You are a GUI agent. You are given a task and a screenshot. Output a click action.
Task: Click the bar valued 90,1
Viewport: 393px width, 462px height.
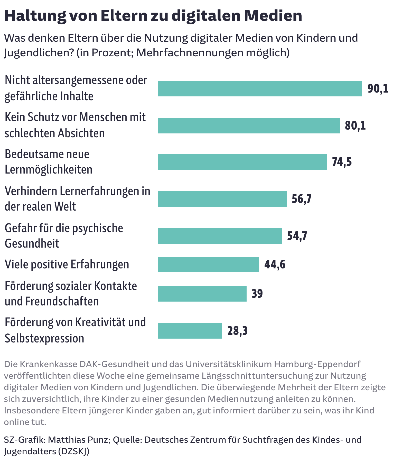pos(260,89)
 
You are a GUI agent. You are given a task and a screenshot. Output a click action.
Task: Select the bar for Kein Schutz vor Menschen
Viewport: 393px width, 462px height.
pos(249,126)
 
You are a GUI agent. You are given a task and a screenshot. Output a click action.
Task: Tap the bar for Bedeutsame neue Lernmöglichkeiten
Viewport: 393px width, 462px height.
pos(242,162)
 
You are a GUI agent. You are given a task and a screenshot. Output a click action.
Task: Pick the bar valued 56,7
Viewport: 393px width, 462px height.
pos(222,199)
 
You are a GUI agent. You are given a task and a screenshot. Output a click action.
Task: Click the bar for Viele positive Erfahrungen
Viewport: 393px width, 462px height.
pos(208,265)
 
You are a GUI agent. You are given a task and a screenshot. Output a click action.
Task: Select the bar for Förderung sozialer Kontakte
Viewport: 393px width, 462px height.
pos(202,294)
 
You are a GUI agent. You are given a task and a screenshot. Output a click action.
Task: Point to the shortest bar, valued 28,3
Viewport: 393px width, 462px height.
pos(190,331)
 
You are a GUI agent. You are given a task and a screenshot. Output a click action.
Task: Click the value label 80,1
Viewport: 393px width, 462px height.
pos(355,126)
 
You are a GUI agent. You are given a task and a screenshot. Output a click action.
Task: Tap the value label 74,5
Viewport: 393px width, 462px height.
pos(342,162)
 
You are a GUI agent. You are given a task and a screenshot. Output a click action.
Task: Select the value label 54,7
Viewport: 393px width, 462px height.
pos(297,236)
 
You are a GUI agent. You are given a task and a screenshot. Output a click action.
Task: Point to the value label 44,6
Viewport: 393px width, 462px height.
pos(275,265)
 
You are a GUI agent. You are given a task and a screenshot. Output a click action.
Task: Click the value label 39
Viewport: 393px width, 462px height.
pos(257,294)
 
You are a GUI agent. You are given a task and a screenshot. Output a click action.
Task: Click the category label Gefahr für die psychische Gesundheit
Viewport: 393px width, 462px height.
pos(64,236)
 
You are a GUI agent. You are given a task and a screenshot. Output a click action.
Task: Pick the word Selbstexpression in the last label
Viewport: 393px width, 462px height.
pos(44,338)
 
